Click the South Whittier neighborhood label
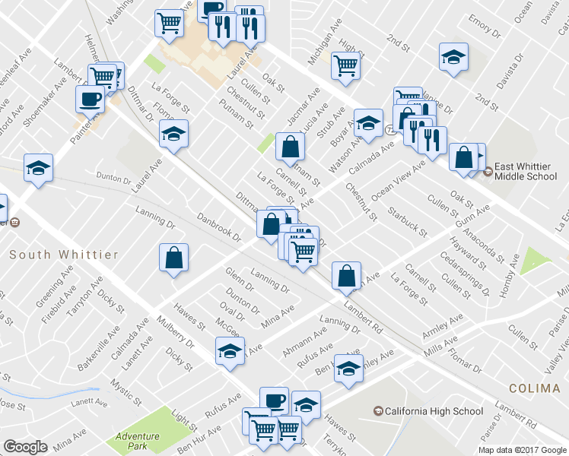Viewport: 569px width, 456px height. [x=64, y=255]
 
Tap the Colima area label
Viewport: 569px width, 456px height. [x=534, y=388]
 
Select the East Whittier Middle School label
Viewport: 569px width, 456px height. [x=526, y=171]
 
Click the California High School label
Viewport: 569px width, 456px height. [x=434, y=411]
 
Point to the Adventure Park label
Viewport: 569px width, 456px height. [x=138, y=441]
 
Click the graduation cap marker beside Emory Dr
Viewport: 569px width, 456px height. [x=453, y=57]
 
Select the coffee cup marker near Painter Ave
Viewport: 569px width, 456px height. [x=90, y=99]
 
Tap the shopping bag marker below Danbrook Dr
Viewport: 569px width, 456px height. [x=174, y=258]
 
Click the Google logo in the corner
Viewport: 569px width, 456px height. [x=25, y=447]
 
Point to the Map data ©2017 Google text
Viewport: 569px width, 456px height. [x=522, y=449]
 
